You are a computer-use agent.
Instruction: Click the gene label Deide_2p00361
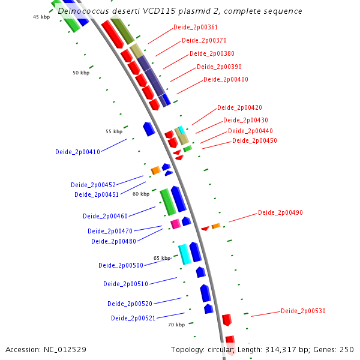coord(195,28)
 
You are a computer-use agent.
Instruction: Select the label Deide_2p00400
coord(226,79)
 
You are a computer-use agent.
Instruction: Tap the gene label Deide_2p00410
coord(77,152)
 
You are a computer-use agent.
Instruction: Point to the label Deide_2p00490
coord(280,212)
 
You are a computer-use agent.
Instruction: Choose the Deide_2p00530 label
coord(303,311)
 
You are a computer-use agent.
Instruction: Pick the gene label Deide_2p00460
coord(105,216)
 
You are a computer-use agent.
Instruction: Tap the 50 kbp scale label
coord(80,73)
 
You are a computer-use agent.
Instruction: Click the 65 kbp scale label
coord(161,258)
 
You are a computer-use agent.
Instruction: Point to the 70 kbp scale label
coord(176,325)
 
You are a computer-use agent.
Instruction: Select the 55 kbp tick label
coord(113,131)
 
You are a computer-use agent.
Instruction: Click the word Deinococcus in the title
coord(85,11)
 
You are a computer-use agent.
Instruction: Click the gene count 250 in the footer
coord(347,349)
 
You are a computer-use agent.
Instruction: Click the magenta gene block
coord(175,224)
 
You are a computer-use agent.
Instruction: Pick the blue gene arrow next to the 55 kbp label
coord(149,128)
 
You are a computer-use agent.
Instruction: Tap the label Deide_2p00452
coord(93,185)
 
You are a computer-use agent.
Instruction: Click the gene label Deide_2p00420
coord(239,108)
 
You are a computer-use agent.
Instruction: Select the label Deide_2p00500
coord(121,265)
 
